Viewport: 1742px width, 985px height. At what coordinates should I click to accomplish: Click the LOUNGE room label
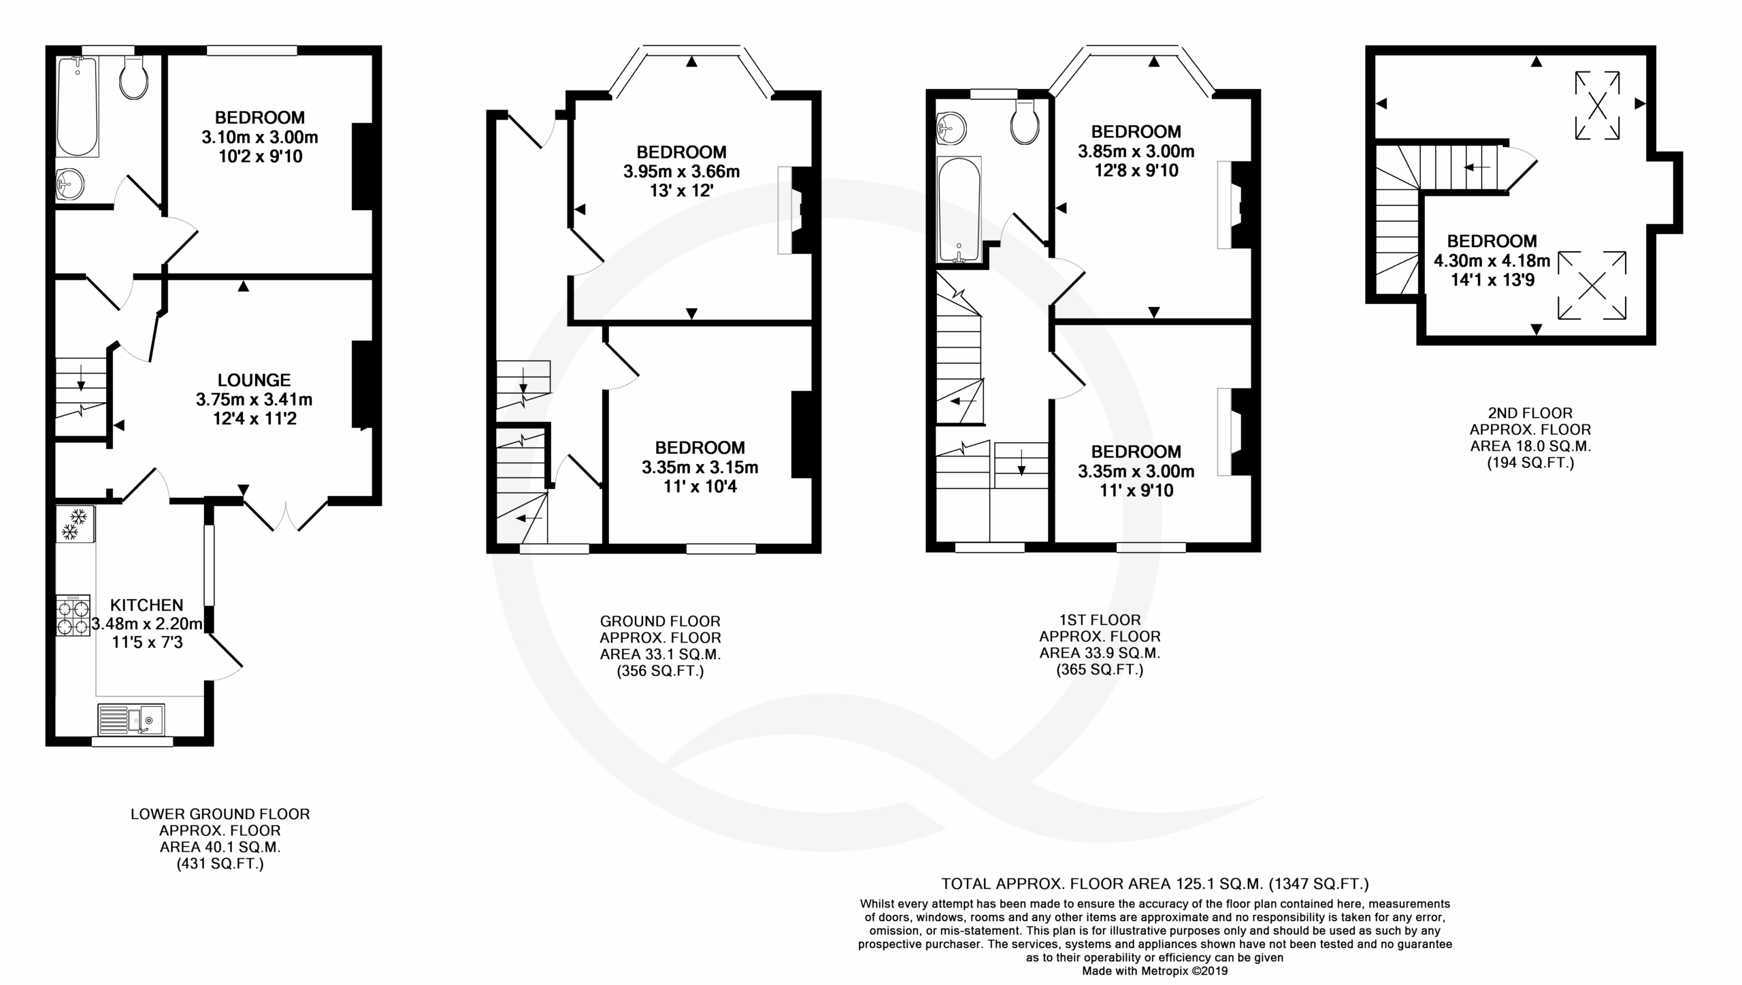pos(254,380)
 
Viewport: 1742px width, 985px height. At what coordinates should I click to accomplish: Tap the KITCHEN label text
pos(146,605)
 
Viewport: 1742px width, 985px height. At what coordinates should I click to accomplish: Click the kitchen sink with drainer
pos(131,719)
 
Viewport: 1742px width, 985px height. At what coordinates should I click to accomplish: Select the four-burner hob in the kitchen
pos(73,616)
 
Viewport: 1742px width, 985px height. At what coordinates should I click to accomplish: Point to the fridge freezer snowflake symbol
pos(75,524)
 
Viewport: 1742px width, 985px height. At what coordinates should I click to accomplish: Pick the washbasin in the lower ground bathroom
pos(69,184)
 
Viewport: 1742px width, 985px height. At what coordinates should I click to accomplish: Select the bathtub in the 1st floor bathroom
pos(959,210)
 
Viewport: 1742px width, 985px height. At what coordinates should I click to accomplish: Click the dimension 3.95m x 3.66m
pos(681,171)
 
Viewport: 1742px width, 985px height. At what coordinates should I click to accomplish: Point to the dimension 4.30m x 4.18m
pos(1492,261)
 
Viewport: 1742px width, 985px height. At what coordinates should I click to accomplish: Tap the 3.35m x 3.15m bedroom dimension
pos(700,467)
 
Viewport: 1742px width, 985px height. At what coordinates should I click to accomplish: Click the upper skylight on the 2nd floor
pos(1597,105)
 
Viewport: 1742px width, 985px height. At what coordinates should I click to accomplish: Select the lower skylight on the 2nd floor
pos(1592,286)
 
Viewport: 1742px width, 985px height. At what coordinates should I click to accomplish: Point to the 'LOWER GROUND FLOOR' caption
pos(220,814)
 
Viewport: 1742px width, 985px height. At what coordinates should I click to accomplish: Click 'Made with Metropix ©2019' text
pos(1155,971)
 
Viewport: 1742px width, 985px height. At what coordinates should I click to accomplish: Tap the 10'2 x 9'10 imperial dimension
pos(259,157)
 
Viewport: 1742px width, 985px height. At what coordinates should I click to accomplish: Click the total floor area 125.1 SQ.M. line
pos(1155,884)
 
